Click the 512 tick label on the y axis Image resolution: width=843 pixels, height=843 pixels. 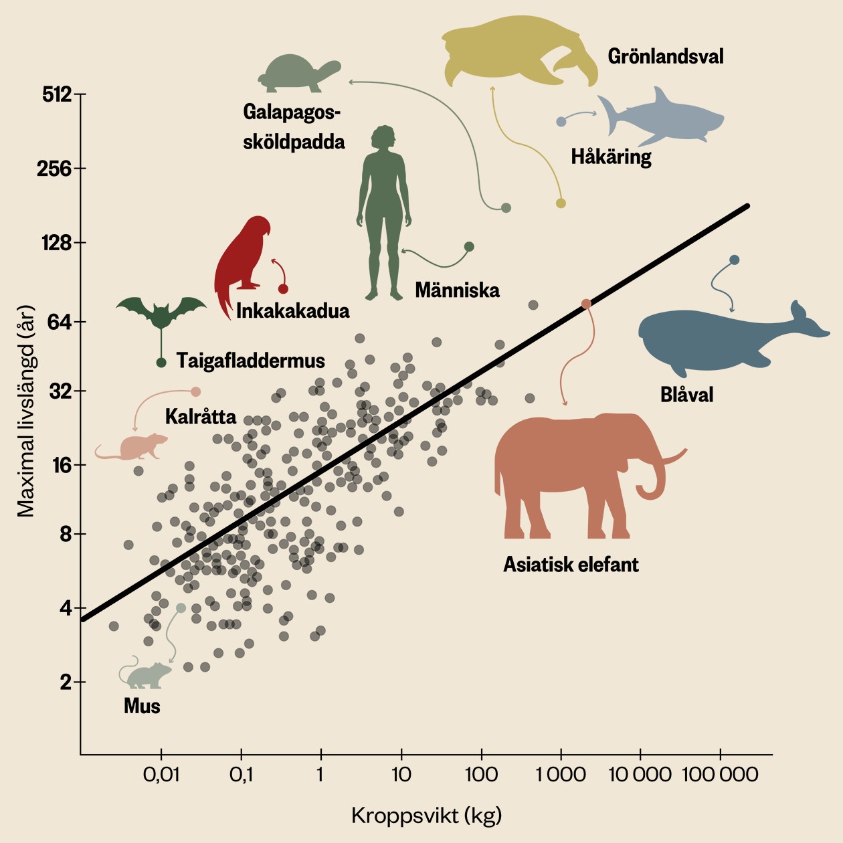pyautogui.click(x=56, y=94)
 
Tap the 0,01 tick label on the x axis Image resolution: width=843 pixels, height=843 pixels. pyautogui.click(x=161, y=775)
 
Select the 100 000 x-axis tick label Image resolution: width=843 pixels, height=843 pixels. pyautogui.click(x=720, y=775)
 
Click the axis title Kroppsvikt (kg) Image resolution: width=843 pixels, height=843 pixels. pyautogui.click(x=426, y=816)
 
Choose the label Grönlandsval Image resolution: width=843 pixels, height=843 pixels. pyautogui.click(x=665, y=56)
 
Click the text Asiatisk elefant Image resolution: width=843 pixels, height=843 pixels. pyautogui.click(x=571, y=564)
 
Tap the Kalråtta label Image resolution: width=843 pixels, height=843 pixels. pyautogui.click(x=200, y=417)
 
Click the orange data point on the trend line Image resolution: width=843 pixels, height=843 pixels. pyautogui.click(x=586, y=304)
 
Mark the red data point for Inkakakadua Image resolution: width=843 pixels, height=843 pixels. pyautogui.click(x=283, y=289)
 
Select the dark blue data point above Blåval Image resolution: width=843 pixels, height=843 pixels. pyautogui.click(x=734, y=260)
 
